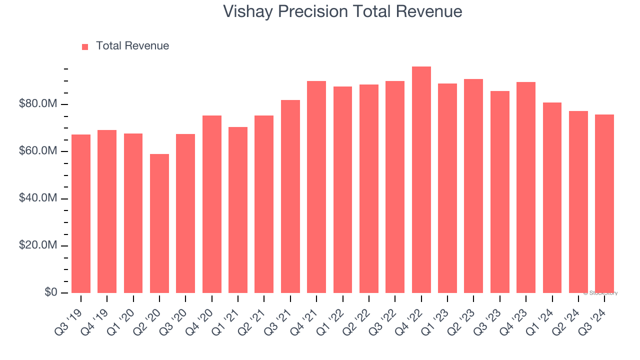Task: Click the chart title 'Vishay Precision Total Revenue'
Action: pos(342,11)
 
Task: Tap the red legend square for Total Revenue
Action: pos(85,46)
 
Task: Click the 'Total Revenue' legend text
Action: pos(132,46)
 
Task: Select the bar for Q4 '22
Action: pos(421,180)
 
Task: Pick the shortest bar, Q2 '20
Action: pos(159,223)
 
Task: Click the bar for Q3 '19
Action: pos(81,213)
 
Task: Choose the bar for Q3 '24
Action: pos(604,203)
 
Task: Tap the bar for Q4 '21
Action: pos(316,187)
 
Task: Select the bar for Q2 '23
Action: pos(473,186)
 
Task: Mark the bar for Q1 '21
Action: pos(238,210)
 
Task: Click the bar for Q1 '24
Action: pos(552,197)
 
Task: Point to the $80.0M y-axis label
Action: pos(37,104)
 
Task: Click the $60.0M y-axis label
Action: pos(37,151)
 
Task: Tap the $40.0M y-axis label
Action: pos(37,198)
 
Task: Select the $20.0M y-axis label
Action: pos(37,245)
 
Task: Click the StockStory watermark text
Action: pos(600,293)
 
